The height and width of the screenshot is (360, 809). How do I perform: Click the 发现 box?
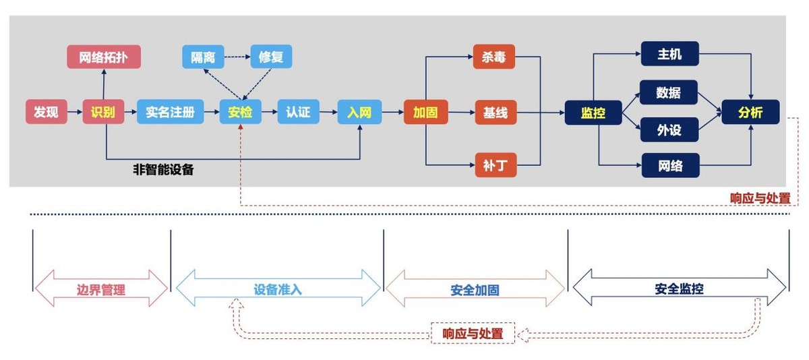[47, 112]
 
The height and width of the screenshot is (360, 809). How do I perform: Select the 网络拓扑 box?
[103, 57]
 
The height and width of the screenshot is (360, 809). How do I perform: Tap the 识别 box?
[103, 112]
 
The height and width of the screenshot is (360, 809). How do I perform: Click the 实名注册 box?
[170, 112]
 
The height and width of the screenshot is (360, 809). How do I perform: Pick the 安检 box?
[240, 112]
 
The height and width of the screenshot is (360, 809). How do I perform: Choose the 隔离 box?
[202, 57]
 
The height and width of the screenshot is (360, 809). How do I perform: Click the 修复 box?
[271, 57]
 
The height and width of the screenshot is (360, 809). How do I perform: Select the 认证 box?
[298, 112]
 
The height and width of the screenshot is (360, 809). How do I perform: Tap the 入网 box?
[359, 112]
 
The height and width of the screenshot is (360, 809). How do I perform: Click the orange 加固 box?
[425, 113]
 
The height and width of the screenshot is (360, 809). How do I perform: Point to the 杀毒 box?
[494, 57]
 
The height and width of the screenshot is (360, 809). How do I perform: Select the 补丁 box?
[494, 164]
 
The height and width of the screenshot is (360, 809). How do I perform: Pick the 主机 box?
[669, 53]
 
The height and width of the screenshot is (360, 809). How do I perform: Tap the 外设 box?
[669, 129]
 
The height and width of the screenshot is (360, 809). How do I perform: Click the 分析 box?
[750, 112]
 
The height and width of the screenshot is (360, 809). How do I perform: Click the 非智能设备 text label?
[163, 170]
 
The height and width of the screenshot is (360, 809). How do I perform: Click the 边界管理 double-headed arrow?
[100, 289]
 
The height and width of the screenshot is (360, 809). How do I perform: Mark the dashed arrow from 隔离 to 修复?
[237, 57]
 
